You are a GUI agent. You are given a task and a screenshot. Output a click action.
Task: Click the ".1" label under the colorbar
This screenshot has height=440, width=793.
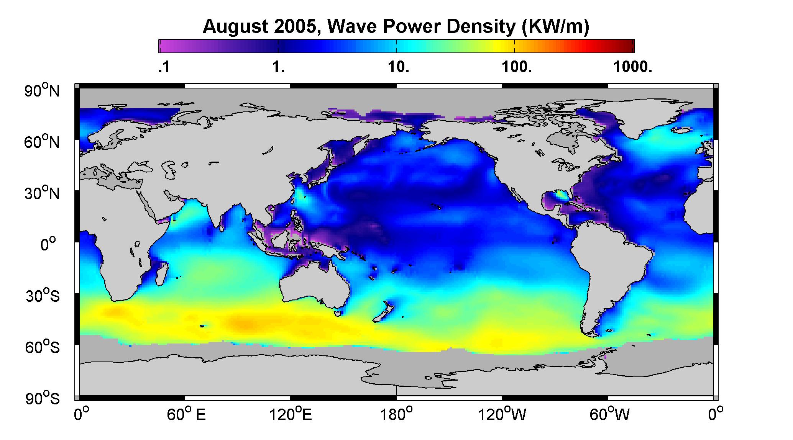point(163,67)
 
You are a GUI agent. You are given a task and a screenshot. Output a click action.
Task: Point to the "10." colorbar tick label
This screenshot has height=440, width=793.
point(399,67)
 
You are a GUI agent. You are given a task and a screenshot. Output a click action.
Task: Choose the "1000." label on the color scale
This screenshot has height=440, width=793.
point(632,67)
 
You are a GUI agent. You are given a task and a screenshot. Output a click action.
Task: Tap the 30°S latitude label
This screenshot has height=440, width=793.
point(43,295)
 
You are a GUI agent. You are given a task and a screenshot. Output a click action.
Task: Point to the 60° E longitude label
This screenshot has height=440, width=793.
point(186,415)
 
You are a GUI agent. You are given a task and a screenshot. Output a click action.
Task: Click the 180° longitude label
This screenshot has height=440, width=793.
point(396,415)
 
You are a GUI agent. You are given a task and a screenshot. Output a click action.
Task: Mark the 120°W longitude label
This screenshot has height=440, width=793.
point(502,415)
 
